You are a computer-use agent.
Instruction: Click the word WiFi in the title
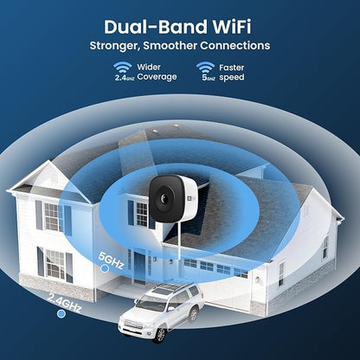tap(232, 27)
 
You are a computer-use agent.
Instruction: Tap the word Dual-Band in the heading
tap(156, 27)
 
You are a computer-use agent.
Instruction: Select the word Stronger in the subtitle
tap(115, 46)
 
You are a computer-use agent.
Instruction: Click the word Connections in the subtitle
tap(235, 46)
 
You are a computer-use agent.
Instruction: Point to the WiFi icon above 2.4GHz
tap(122, 67)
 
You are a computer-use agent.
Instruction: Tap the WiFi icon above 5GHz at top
tap(205, 67)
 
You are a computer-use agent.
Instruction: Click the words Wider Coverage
tap(157, 72)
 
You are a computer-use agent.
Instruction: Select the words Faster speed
tap(232, 73)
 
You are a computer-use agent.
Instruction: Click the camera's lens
tap(164, 198)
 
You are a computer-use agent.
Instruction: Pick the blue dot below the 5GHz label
tap(105, 268)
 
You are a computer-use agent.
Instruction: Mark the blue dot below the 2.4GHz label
tap(61, 314)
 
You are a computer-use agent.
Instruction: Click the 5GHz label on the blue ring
tap(112, 260)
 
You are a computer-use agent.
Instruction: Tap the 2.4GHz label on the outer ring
tap(64, 302)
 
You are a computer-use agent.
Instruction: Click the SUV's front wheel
tap(160, 335)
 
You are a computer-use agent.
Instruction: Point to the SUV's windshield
tap(151, 305)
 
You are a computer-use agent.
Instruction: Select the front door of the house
tap(140, 267)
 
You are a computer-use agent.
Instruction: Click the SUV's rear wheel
tap(194, 314)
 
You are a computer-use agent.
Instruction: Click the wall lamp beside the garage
tap(257, 280)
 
